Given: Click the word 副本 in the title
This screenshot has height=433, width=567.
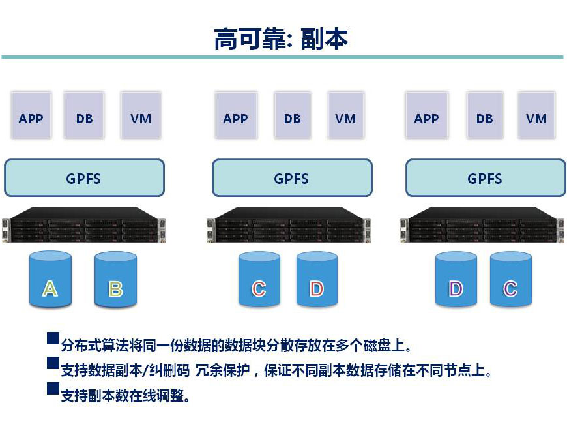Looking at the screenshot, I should point(325,39).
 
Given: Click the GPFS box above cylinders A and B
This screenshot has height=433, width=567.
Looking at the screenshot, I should point(84,178).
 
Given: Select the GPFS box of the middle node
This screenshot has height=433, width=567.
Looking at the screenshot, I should point(291,178).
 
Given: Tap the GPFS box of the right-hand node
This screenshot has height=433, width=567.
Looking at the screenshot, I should point(485,178).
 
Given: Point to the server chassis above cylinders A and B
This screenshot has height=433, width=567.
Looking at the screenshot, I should point(83,226).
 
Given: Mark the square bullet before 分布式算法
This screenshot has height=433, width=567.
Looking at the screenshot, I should point(53,339).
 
